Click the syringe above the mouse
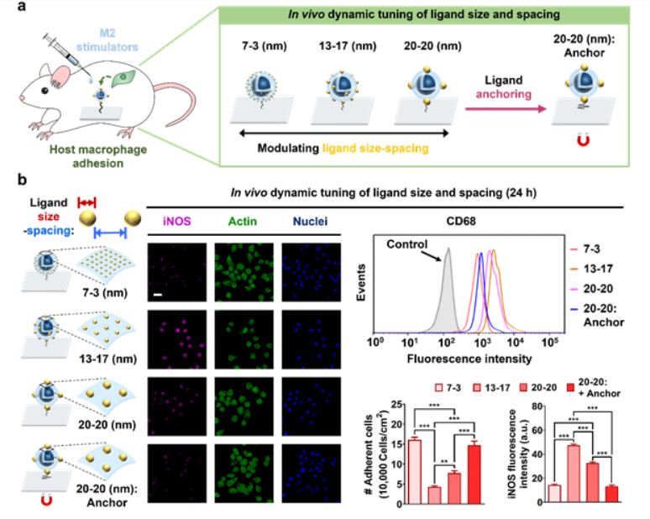(x=67, y=55)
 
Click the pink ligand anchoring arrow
(x=506, y=109)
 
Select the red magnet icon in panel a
(x=584, y=141)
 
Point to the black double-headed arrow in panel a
(x=344, y=133)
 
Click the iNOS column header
(x=177, y=221)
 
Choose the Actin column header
(x=243, y=221)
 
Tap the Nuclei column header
(x=311, y=221)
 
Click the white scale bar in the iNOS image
(x=158, y=295)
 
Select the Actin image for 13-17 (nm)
(x=244, y=339)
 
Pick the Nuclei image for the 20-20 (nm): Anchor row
(x=312, y=474)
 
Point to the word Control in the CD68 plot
(x=406, y=244)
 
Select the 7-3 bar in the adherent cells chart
(x=415, y=472)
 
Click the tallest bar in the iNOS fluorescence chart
(x=574, y=474)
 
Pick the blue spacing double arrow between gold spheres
(x=110, y=233)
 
